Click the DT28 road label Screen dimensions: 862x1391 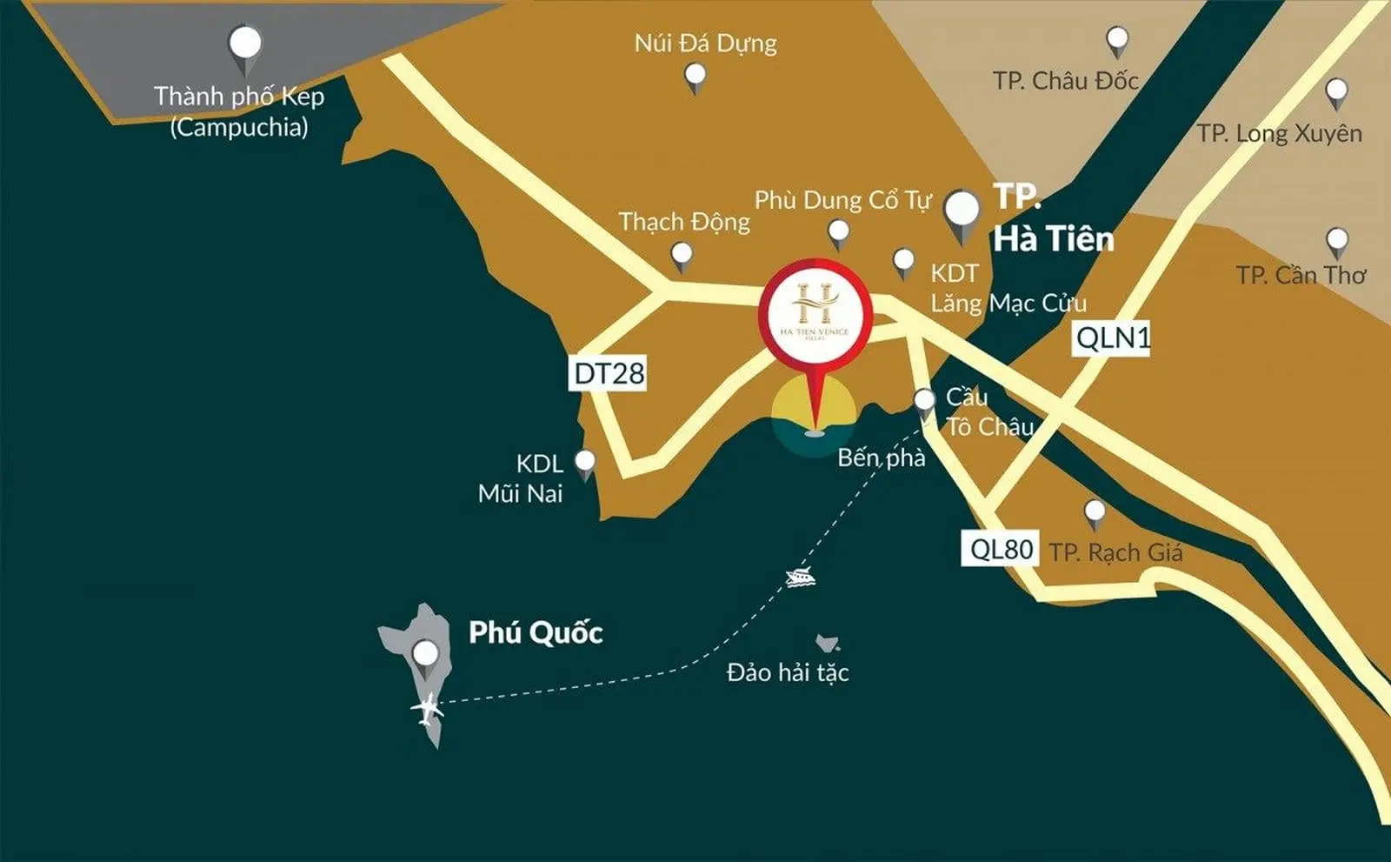click(x=609, y=373)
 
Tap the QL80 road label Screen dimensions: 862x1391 click(x=1001, y=549)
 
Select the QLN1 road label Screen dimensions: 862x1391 click(x=1112, y=337)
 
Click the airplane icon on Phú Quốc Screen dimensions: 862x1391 click(x=426, y=710)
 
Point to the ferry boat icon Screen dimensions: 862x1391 click(x=799, y=577)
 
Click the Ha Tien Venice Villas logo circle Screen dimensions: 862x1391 click(x=815, y=313)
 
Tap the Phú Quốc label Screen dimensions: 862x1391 click(x=536, y=632)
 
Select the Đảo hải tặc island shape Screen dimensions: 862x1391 click(x=827, y=644)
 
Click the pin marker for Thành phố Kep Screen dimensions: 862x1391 click(x=245, y=45)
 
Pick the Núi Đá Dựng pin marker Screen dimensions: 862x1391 click(x=695, y=77)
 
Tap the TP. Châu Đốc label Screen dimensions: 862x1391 click(x=1066, y=81)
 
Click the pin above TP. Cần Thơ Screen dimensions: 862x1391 click(x=1337, y=243)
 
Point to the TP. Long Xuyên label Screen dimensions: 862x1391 click(x=1279, y=133)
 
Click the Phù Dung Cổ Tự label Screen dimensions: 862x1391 click(x=842, y=200)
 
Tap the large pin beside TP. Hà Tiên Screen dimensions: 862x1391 click(x=962, y=212)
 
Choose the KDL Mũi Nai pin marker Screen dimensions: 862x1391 click(x=586, y=462)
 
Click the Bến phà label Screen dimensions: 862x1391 click(x=881, y=458)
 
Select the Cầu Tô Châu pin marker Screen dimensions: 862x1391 click(x=924, y=401)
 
